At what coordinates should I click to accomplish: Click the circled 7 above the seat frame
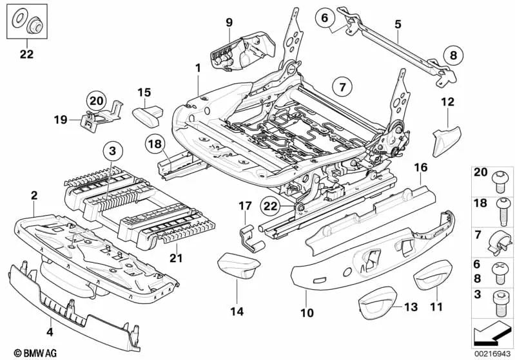pos(343,85)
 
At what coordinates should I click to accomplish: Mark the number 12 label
pos(447,101)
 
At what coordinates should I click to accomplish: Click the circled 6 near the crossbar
pos(325,18)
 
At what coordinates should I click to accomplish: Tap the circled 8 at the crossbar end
pos(452,55)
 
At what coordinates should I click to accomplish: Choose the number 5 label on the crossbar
pos(398,24)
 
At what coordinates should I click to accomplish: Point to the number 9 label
pos(229,23)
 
